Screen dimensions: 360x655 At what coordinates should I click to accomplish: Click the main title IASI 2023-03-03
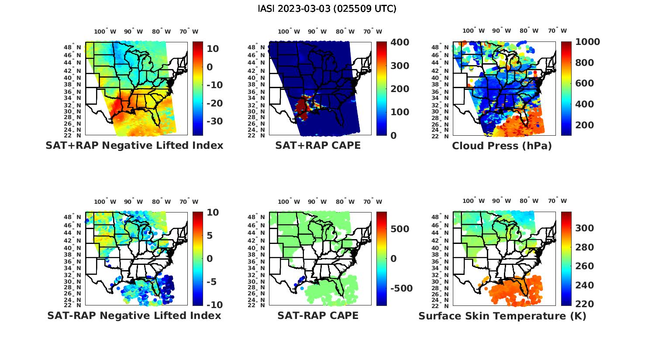coord(327,9)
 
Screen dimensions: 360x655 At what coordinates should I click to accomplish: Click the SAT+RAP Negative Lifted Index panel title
coord(134,145)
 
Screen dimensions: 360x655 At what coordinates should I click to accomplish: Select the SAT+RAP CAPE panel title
coord(318,145)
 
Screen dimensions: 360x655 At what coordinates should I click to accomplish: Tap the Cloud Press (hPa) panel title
coord(502,146)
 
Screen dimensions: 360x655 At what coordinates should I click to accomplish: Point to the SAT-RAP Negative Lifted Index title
coord(134,315)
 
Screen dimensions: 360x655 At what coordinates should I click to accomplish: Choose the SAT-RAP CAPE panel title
coord(318,315)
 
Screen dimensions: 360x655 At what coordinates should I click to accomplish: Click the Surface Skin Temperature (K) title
coord(502,316)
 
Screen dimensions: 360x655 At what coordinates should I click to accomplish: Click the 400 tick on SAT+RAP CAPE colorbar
coord(400,42)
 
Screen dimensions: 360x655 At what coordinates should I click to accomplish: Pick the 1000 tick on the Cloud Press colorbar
coord(588,42)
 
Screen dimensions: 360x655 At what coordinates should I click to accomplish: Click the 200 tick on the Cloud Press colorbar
coord(585,125)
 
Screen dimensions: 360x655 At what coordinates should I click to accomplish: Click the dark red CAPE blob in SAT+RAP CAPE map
coord(302,106)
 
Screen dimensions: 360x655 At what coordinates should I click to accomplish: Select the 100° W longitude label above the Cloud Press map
coord(474,31)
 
